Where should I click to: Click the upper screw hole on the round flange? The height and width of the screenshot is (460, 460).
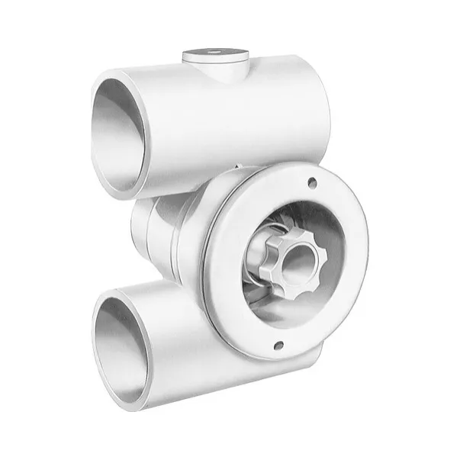(311, 182)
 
